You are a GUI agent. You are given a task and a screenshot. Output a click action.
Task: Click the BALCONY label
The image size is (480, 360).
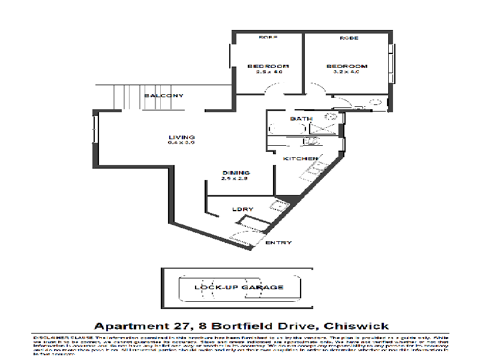click(163, 96)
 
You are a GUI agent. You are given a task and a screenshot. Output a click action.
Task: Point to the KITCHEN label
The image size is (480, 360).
click(300, 158)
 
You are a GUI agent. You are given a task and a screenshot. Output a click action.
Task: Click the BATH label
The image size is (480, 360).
click(301, 119)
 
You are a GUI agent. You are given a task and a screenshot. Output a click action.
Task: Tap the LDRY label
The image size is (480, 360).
click(242, 209)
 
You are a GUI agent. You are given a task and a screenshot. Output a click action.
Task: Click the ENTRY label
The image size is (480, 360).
click(278, 242)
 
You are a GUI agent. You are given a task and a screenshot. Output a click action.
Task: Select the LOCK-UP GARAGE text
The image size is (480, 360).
click(239, 287)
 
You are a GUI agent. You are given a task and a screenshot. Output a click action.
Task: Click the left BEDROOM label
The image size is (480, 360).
click(268, 66)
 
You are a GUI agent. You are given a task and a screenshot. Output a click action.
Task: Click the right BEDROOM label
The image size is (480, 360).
click(346, 66)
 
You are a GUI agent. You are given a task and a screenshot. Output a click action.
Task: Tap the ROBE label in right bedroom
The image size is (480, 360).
click(349, 38)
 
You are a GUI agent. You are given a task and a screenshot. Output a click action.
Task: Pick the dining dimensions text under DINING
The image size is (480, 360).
click(235, 179)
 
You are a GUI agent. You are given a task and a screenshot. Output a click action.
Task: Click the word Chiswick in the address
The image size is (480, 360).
click(356, 326)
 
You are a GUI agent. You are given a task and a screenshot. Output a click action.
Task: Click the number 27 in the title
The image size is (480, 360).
click(182, 326)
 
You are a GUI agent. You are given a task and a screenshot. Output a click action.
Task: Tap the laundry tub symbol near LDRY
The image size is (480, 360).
click(278, 207)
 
